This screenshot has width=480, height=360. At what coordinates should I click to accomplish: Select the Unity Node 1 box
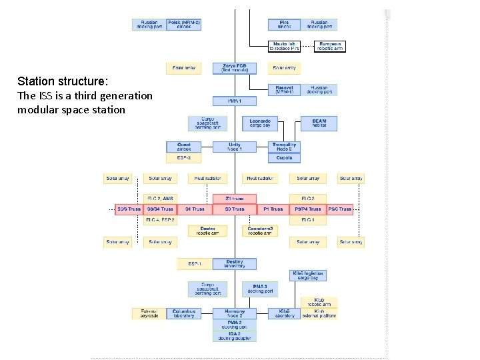234,147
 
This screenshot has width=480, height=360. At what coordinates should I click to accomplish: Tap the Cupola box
285,158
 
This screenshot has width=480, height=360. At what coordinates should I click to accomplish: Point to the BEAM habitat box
319,123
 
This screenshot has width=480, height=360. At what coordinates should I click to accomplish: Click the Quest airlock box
183,147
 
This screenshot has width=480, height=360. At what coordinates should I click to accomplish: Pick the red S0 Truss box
234,209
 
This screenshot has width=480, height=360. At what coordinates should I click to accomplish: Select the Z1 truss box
234,199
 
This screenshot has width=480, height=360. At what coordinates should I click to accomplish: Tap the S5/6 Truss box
129,209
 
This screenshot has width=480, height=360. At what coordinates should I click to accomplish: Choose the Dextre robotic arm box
207,231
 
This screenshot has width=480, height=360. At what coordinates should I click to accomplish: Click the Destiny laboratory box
234,264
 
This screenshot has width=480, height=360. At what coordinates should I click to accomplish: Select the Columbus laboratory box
183,313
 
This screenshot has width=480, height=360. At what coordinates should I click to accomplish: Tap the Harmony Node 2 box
234,313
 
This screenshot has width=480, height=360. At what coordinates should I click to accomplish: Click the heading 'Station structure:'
62,81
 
